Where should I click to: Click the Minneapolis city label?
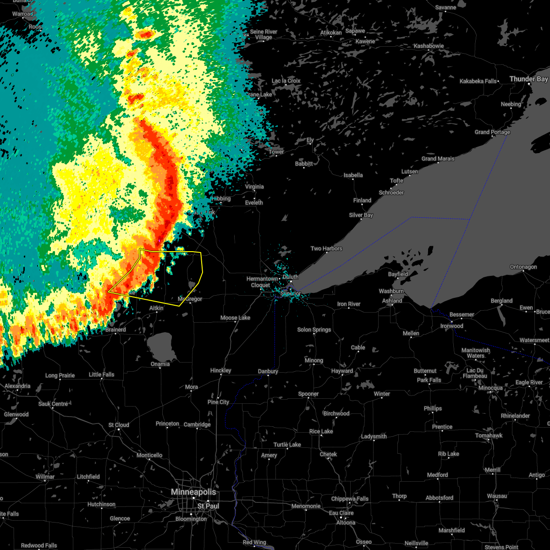[193, 492]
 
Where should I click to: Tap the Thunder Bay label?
[528, 79]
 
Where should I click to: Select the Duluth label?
[290, 277]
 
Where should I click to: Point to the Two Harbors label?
[326, 248]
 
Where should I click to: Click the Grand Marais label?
[438, 159]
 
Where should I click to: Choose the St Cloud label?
[119, 425]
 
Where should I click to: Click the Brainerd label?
[115, 330]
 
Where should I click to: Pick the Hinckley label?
[220, 370]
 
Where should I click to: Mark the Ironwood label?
[451, 326]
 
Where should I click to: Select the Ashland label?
[392, 301]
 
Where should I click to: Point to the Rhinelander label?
[515, 416]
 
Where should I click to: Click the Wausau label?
[497, 496]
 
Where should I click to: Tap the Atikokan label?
[331, 33]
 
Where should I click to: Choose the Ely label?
[310, 140]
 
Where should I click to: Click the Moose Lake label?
[235, 318]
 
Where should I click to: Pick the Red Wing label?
[254, 542]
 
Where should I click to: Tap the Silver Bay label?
[361, 215]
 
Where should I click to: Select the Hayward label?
[342, 371]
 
